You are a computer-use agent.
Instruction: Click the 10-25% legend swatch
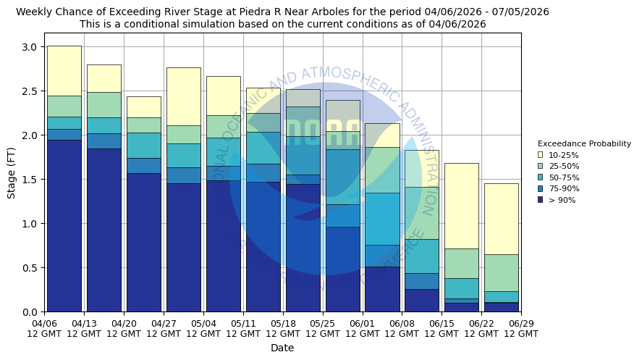541,155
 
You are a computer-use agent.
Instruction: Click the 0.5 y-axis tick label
29,268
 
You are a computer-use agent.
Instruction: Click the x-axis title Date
282,348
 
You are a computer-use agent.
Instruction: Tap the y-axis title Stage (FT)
11,172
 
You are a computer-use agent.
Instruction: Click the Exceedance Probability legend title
584,143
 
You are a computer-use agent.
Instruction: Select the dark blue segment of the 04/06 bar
64,225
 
